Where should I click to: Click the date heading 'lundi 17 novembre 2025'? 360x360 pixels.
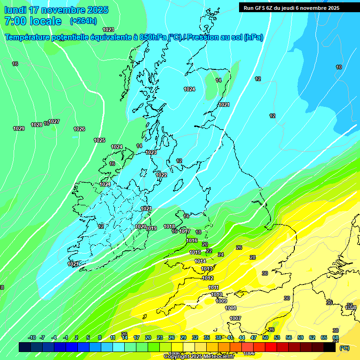pos(56,10)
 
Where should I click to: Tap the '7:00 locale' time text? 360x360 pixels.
pos(33,21)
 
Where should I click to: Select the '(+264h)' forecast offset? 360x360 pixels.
pos(83,21)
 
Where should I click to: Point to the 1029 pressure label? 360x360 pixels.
pos(19,128)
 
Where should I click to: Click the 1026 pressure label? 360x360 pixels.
pos(79,129)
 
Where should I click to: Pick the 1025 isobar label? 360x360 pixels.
pos(99,140)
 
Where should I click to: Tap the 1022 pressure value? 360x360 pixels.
pos(161,175)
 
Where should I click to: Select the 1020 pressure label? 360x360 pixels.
pos(141,226)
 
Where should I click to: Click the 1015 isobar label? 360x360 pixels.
pos(195,252)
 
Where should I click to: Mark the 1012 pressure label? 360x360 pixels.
pos(208,278)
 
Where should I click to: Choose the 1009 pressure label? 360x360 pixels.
pos(221,301)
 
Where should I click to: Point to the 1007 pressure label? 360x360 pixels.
pos(235,318)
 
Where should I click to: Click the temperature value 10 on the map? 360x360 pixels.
pos(339,67)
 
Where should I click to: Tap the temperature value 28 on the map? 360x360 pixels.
pos(253,257)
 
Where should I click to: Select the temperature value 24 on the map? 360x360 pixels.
pos(221,255)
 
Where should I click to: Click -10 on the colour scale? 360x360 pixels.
pos(32,337)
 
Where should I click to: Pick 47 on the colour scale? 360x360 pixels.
pos(254,337)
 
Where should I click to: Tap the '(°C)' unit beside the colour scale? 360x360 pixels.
pos(344,348)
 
